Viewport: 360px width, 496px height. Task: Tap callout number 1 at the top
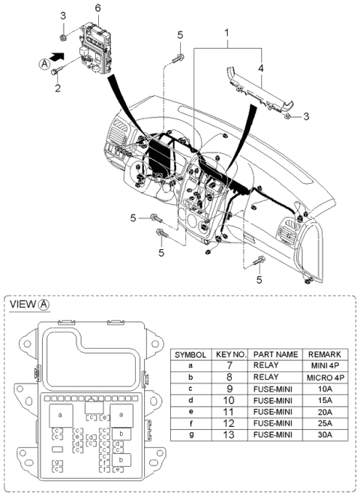(x=226, y=34)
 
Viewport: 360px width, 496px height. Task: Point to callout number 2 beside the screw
(x=55, y=89)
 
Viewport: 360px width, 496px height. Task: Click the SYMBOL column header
(x=190, y=353)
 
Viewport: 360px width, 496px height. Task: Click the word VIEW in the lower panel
(x=23, y=305)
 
